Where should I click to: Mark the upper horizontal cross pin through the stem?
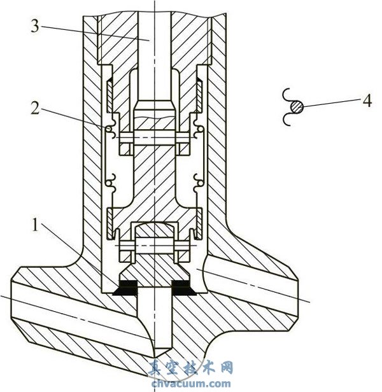tap(153, 136)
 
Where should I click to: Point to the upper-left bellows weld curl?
tap(110, 132)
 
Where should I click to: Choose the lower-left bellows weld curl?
tap(110, 183)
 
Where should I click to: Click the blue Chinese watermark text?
tap(190, 368)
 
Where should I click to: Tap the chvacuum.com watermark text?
tap(190, 383)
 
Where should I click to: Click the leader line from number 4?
tap(330, 104)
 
